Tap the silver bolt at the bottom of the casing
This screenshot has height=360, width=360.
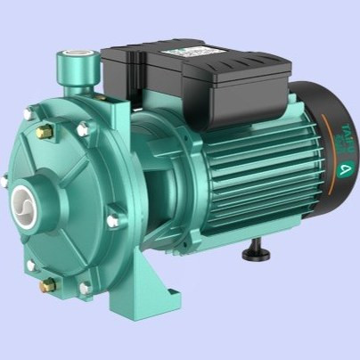point(85,287)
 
